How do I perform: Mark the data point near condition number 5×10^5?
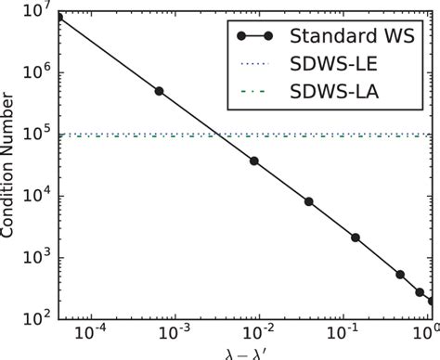(x=159, y=91)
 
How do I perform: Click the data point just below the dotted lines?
(x=254, y=161)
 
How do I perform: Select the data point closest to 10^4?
(x=309, y=201)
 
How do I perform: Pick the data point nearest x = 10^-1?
(x=356, y=238)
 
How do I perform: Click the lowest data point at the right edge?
(x=432, y=301)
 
